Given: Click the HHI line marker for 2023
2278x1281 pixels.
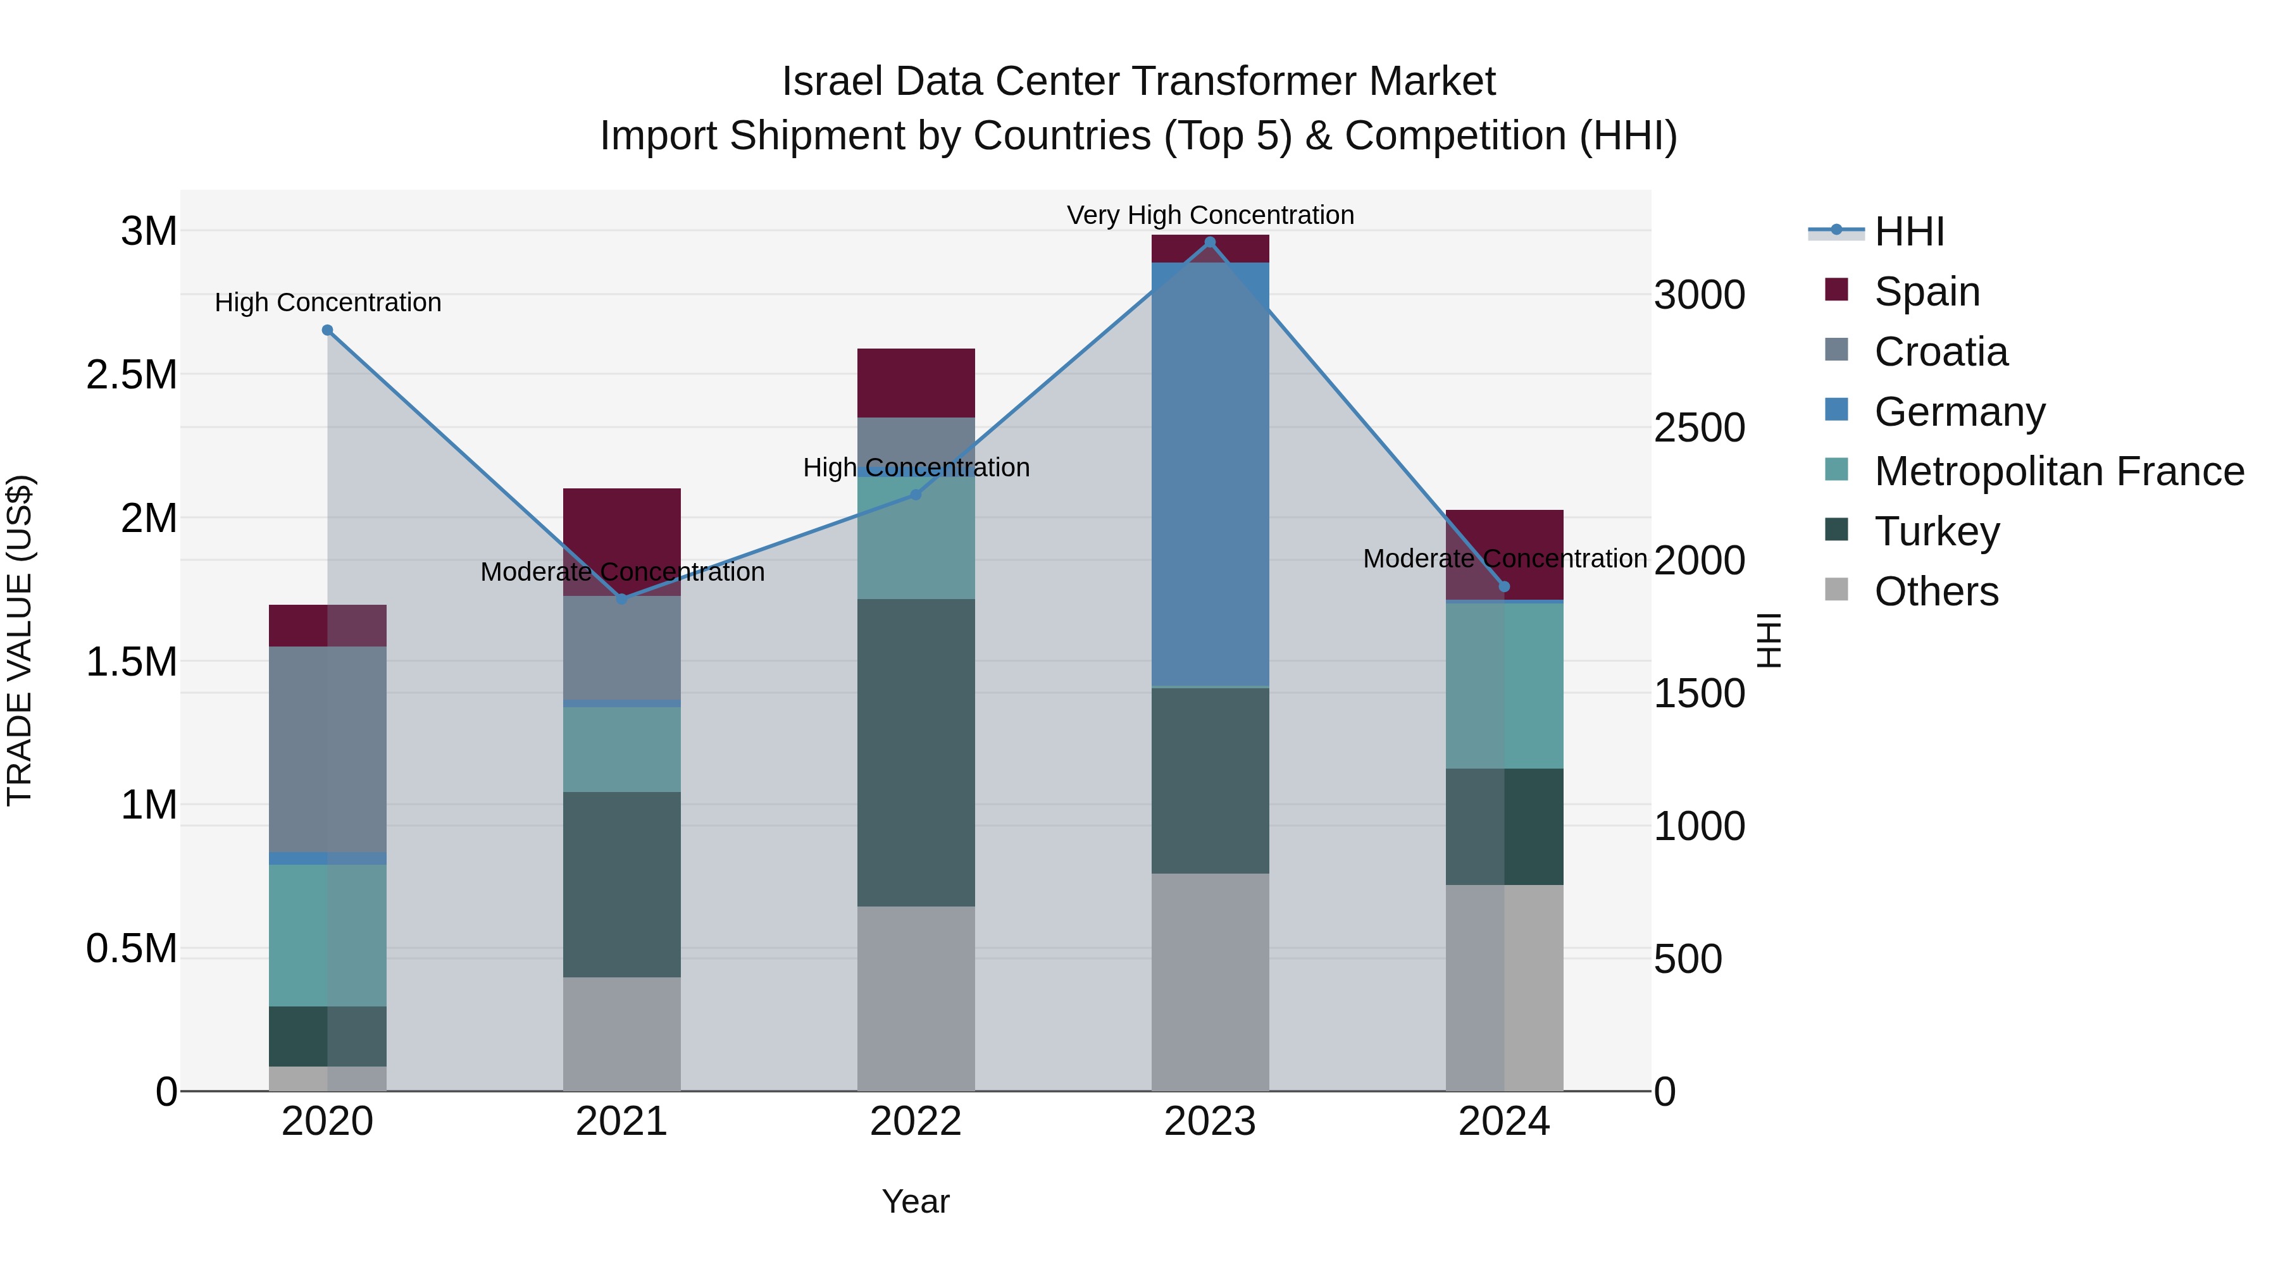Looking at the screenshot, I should pos(1210,242).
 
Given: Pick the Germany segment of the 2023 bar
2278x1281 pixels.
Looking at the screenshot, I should pos(1210,474).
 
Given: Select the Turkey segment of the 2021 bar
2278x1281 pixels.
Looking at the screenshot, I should pos(621,884).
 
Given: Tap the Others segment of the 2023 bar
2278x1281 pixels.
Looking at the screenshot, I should pos(1210,981).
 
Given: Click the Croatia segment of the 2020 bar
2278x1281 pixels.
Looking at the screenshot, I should pos(327,750).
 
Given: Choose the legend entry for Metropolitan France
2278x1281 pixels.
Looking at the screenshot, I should pos(2058,471).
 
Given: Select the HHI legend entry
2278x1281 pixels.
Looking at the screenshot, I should pos(1908,232).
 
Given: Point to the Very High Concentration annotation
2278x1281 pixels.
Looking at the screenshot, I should pos(1210,216).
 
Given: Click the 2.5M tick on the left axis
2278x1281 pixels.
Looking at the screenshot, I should pos(132,375).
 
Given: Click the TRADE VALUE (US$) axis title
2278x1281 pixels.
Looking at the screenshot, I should pos(20,640).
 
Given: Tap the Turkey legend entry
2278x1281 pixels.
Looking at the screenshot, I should pos(1937,531).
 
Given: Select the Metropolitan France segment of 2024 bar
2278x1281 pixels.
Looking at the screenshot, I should pos(1504,685).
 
